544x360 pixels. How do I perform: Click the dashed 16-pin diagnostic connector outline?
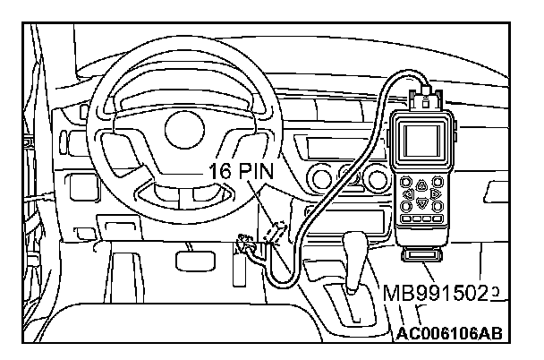click(x=276, y=231)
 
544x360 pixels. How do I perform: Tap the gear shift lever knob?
click(x=355, y=252)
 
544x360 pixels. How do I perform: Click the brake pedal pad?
click(x=190, y=260)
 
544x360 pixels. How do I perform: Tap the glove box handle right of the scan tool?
click(x=494, y=191)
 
